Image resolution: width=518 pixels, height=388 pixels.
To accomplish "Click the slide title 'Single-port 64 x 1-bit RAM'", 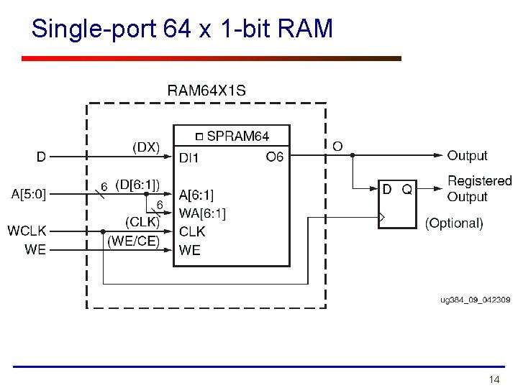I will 183,29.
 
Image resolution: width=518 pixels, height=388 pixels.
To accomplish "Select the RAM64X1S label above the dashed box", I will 206,91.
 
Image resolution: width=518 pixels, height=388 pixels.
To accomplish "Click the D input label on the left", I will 42,155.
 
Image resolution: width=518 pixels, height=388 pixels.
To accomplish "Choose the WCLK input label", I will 27,231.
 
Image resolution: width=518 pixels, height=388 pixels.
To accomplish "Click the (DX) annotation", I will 145,147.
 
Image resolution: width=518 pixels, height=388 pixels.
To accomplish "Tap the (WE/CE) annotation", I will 133,241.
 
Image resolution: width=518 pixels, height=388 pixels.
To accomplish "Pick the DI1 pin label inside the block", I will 189,157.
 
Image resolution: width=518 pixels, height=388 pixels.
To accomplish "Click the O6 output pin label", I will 275,157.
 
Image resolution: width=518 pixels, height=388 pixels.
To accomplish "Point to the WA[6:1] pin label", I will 202,213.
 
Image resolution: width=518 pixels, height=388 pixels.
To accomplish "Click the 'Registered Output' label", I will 478,188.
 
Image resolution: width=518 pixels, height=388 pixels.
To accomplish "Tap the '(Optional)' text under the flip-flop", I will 454,223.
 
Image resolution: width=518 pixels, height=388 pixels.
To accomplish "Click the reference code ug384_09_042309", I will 475,300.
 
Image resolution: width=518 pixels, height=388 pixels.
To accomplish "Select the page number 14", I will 494,379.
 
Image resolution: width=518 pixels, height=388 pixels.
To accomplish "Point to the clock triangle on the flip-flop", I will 383,216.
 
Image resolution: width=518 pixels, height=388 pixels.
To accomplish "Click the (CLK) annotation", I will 142,222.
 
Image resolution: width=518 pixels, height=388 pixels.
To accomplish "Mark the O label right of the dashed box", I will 337,147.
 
